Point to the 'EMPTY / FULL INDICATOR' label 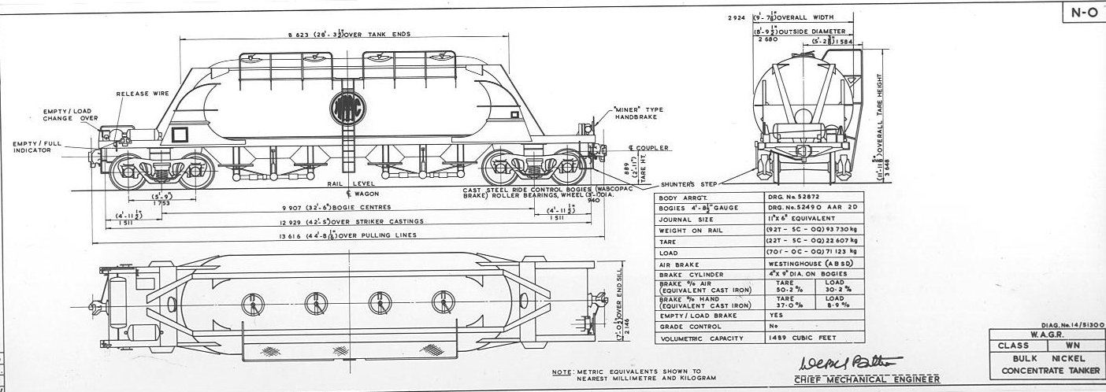[x=38, y=147]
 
